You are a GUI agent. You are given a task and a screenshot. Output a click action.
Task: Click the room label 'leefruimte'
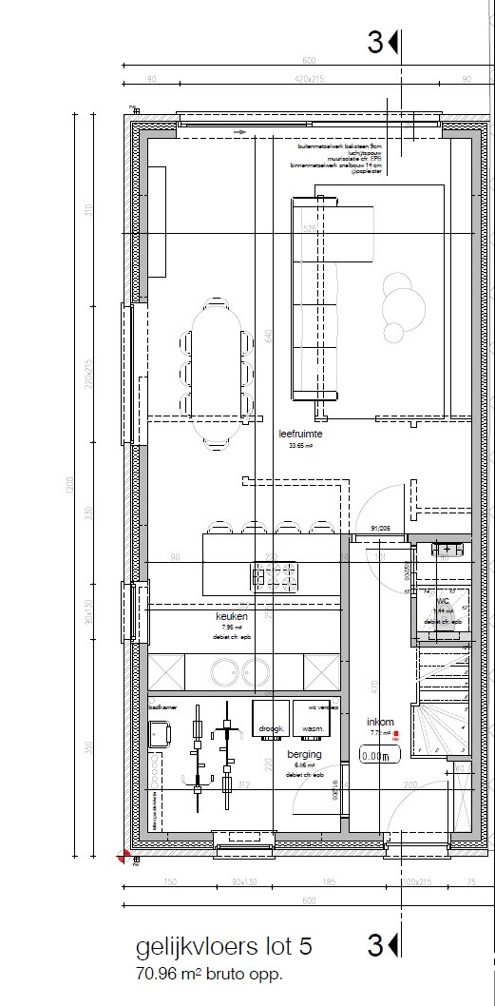pyautogui.click(x=300, y=434)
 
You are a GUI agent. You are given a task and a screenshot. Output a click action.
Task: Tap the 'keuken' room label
pyautogui.click(x=231, y=616)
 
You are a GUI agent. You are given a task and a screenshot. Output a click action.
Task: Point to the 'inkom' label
pyautogui.click(x=380, y=722)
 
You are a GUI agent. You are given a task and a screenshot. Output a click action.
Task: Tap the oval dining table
pyautogui.click(x=218, y=372)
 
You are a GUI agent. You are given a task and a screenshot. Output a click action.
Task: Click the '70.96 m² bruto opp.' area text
pyautogui.click(x=209, y=975)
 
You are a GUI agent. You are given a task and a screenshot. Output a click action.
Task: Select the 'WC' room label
pyautogui.click(x=443, y=601)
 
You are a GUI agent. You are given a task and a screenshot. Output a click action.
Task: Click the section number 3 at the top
pyautogui.click(x=376, y=43)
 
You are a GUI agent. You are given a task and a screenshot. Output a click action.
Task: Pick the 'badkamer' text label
pyautogui.click(x=164, y=708)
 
